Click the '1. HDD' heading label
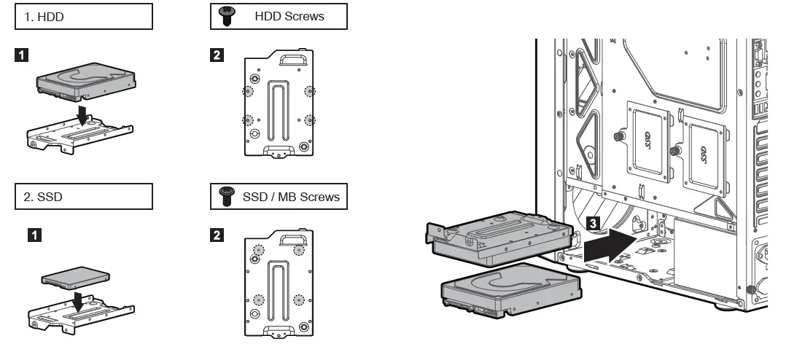click(44, 17)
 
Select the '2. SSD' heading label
click(43, 196)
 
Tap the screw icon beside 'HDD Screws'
click(226, 17)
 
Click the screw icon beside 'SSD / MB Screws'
click(226, 196)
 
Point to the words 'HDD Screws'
click(289, 17)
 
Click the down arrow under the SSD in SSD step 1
click(78, 299)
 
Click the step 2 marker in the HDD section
click(217, 55)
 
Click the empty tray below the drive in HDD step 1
click(80, 136)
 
